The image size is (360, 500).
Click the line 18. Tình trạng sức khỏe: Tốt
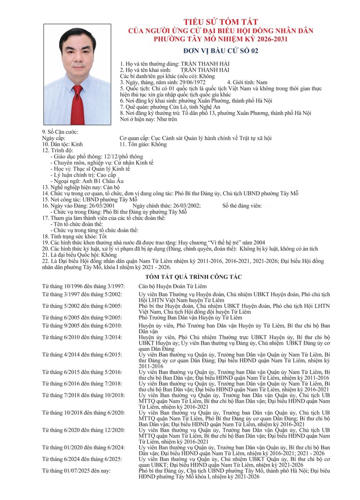(x=74, y=236)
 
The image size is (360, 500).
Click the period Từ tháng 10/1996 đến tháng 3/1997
(x=83, y=287)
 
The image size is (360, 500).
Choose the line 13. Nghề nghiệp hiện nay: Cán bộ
(x=80, y=187)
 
